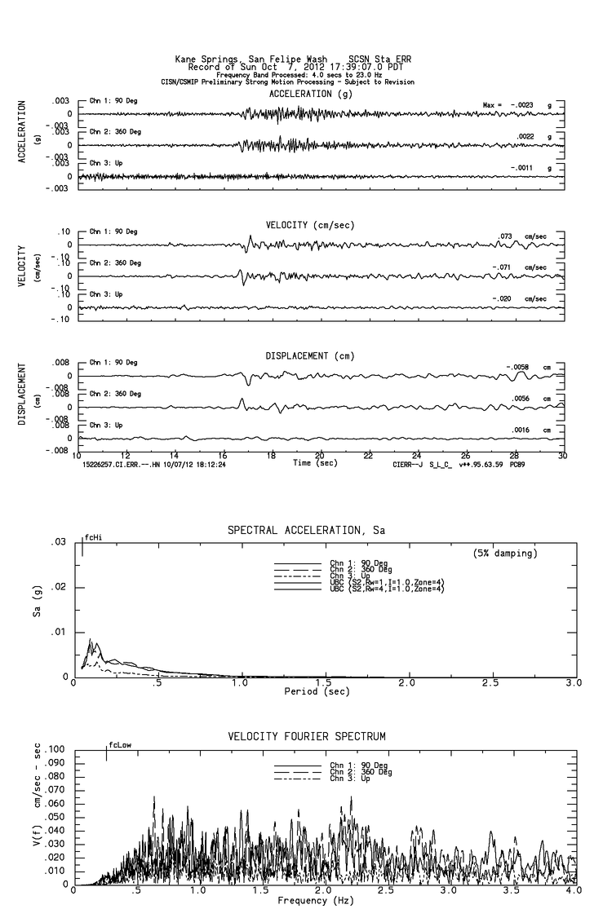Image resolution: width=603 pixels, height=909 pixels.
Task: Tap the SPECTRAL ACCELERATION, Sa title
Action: (x=306, y=531)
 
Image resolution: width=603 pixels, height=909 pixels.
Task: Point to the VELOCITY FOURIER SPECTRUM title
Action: (x=306, y=737)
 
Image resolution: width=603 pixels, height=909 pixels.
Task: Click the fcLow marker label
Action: (x=119, y=744)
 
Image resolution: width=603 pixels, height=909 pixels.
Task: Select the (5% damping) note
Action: (x=504, y=554)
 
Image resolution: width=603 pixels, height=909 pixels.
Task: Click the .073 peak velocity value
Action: (x=505, y=236)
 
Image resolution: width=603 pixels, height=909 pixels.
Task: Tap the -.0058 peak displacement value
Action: (x=517, y=367)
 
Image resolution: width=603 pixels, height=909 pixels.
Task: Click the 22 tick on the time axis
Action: (x=368, y=456)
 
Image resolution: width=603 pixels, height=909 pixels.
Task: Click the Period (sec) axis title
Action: (x=316, y=691)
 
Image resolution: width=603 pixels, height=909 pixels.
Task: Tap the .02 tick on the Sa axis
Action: (x=60, y=587)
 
